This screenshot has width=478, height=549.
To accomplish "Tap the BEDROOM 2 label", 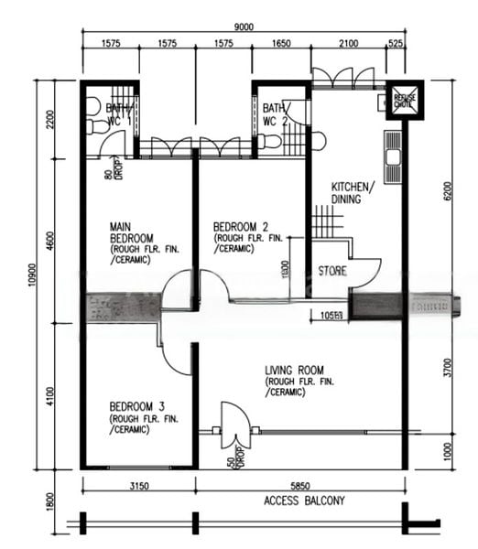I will point(240,227).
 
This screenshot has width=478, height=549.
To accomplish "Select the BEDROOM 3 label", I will point(137,405).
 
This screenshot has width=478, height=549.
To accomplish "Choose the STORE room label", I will point(331,271).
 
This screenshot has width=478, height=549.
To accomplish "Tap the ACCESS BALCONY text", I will point(305,501).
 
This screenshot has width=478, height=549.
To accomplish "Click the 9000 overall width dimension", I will point(244,27).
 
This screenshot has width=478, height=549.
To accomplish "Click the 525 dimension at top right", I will point(396,43).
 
